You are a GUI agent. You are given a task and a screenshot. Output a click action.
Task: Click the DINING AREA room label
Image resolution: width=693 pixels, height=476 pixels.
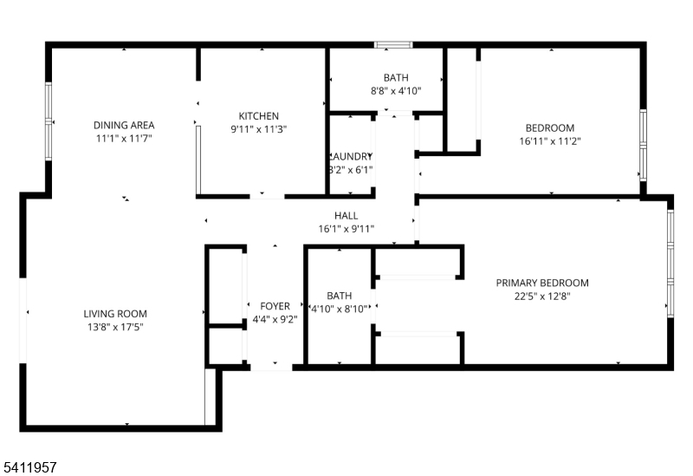[x=124, y=125]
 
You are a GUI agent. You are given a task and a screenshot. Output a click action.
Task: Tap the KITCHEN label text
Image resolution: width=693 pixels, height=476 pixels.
[x=259, y=116]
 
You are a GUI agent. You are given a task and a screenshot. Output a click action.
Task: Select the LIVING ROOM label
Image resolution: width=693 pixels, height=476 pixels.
[x=115, y=314]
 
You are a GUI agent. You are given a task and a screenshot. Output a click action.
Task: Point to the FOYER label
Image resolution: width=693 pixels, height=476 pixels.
[x=275, y=306]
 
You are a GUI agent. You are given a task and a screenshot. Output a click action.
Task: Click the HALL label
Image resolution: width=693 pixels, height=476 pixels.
[x=346, y=216]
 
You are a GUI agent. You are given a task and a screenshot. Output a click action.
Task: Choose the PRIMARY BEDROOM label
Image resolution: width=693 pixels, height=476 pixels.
[x=542, y=283]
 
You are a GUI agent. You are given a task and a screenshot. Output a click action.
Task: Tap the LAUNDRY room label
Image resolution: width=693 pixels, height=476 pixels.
[x=350, y=157]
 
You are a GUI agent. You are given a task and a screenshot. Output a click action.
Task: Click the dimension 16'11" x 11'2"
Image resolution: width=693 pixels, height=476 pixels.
[x=549, y=140]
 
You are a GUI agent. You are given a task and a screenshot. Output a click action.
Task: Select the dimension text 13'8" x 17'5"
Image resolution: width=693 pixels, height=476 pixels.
[x=115, y=327]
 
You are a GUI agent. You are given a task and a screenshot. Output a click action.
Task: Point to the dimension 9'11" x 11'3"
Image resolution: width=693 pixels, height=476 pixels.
[x=259, y=129]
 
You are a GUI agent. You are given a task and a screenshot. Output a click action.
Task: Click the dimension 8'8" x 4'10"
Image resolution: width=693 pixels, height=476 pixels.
[x=396, y=90]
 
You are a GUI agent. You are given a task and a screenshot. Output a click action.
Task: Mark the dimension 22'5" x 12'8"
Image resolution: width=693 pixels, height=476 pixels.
[x=542, y=296]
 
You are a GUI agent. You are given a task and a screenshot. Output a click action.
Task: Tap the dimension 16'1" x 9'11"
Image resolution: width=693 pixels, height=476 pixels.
[x=346, y=229]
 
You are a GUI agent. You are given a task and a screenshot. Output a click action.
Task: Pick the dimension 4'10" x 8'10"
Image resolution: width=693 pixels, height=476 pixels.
[x=339, y=308]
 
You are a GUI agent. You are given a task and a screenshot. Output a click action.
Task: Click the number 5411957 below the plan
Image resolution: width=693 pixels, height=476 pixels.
[x=29, y=466]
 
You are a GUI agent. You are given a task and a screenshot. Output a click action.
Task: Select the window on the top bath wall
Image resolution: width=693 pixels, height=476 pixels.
[x=393, y=44]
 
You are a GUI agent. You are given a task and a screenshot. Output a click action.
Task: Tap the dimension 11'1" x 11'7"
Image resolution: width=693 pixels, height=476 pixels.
[x=124, y=138]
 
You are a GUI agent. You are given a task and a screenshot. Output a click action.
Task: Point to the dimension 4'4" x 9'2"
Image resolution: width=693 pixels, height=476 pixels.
[x=275, y=319]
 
